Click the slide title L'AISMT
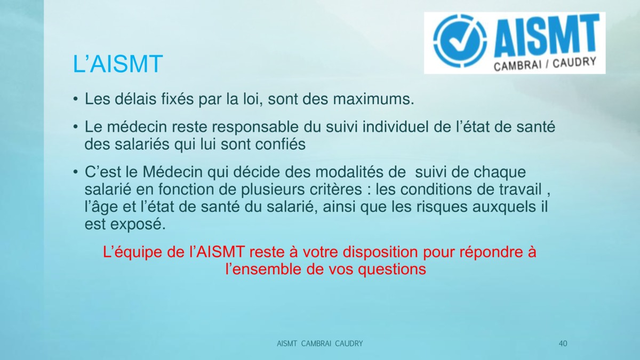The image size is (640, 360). pos(118,63)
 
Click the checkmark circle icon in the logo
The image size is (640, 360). pos(460,41)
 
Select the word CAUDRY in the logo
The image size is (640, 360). pos(574,62)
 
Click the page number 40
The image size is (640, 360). pos(563,343)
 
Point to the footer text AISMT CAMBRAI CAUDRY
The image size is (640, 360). pos(319,343)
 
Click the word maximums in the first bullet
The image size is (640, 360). pos(374,99)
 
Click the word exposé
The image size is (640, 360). pos(138,225)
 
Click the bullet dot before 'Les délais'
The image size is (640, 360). pos(75,99)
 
